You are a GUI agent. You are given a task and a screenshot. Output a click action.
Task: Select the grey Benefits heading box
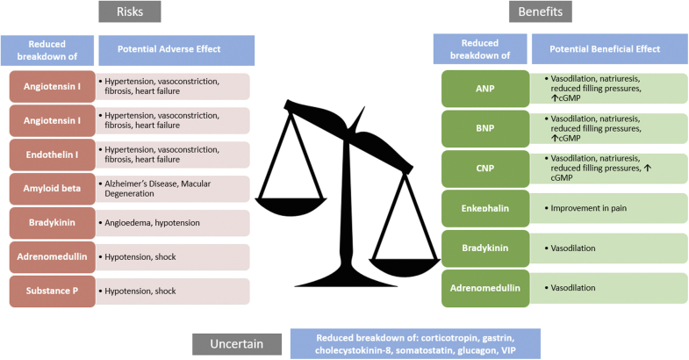pos(544,12)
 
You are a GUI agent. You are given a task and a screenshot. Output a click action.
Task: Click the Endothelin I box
pos(50,155)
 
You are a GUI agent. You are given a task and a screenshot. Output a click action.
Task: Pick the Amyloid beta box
pos(50,189)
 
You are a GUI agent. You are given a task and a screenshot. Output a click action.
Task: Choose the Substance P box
pos(50,291)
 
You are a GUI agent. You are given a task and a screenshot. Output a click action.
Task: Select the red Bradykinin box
pos(50,222)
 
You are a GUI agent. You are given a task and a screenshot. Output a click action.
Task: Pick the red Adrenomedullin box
pos(50,256)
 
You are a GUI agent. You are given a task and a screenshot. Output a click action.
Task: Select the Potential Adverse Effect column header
pos(176,49)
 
